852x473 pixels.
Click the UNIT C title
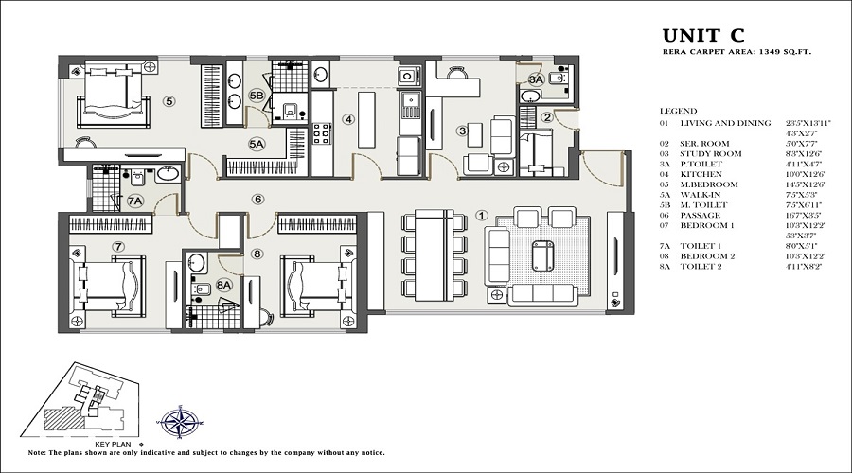(703, 37)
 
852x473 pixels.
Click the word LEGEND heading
(678, 111)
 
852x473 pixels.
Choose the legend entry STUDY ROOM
(710, 152)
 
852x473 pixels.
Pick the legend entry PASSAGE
(700, 215)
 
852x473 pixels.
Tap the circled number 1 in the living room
(481, 215)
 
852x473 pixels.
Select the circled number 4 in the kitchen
(348, 119)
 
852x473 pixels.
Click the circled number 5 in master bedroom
(169, 100)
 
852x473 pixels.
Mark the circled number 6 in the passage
(257, 199)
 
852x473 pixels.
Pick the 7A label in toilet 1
(134, 201)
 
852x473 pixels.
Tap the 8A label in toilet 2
(224, 283)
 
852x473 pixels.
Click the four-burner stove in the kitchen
(321, 132)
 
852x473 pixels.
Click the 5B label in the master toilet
(257, 96)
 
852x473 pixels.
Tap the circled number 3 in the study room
(461, 131)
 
